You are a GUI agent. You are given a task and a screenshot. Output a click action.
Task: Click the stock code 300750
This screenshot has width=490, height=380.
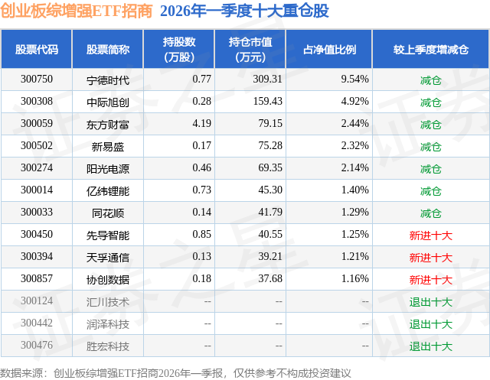37,80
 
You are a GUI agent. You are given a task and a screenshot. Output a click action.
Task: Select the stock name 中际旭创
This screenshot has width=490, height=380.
108,102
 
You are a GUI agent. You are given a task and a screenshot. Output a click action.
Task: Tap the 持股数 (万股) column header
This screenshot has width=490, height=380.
179,49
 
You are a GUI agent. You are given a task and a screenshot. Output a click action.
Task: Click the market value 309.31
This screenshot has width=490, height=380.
267,80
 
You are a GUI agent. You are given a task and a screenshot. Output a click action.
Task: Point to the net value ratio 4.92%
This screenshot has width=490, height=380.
354,102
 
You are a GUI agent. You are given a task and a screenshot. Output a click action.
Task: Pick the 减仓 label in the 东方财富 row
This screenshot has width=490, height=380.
430,125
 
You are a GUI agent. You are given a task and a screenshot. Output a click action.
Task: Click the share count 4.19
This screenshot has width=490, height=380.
201,124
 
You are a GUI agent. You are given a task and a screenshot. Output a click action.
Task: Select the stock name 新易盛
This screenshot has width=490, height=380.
108,147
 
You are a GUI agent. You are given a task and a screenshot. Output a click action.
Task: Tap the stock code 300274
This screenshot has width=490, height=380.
37,168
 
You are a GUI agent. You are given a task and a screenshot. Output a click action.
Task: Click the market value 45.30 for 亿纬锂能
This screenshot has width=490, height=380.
270,190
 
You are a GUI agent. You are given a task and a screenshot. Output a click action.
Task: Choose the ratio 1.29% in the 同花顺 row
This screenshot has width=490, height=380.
354,212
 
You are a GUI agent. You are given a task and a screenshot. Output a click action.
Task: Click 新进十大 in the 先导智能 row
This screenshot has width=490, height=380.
430,235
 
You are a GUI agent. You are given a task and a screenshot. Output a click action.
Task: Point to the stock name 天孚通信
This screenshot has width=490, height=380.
108,258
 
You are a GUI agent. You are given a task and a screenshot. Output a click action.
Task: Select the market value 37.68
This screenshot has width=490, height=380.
270,278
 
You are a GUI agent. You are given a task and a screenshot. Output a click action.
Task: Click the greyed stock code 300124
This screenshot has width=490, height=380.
37,300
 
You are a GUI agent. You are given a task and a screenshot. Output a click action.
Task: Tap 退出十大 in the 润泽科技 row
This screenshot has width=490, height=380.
430,324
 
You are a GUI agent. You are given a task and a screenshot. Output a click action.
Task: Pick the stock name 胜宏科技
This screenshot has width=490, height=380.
108,346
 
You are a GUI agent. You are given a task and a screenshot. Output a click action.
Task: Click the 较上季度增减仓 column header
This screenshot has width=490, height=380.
430,49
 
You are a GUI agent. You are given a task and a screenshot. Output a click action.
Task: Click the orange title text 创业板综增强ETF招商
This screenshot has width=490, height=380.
77,11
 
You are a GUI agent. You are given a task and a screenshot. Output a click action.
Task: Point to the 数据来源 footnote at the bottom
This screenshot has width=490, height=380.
175,373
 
